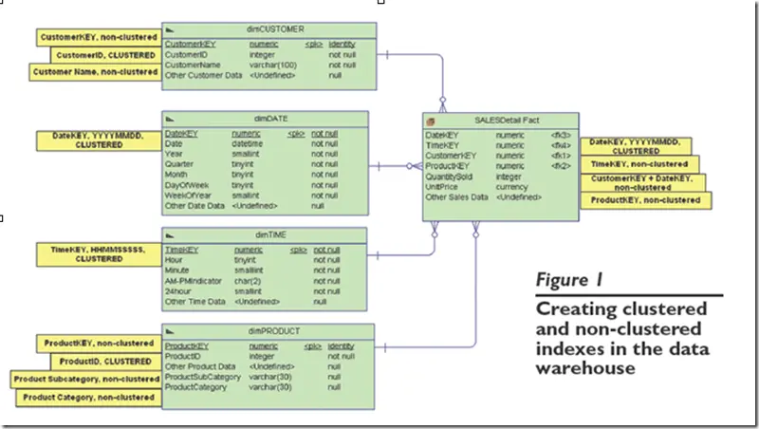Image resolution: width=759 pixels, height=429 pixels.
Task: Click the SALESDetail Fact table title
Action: click(x=501, y=120)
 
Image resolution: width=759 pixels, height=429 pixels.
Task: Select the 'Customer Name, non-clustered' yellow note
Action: click(x=95, y=72)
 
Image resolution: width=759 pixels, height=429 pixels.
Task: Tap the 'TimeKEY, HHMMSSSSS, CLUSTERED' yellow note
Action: click(x=98, y=252)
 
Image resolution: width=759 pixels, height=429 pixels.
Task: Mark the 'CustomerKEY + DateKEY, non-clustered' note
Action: click(x=641, y=182)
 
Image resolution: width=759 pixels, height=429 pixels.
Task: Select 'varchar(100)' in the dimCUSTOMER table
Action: click(x=273, y=65)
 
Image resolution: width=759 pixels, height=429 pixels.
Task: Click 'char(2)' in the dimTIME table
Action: click(x=249, y=281)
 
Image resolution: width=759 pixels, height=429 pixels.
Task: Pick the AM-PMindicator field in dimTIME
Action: click(x=193, y=281)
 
